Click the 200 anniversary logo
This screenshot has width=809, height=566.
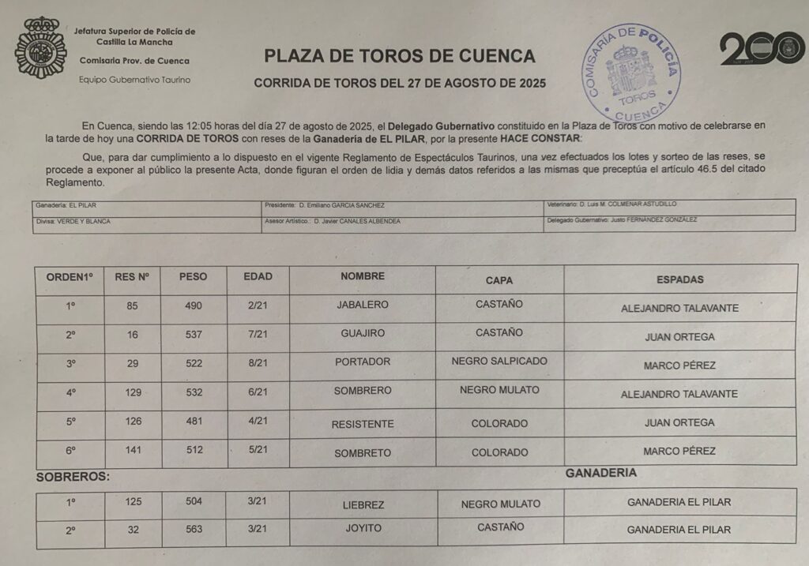(762, 49)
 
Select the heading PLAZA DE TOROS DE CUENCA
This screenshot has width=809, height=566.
(399, 56)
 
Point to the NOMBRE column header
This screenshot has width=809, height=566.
(363, 276)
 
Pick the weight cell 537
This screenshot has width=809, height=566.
(193, 334)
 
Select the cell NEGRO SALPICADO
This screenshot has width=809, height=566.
(499, 361)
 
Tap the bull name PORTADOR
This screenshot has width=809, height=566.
(363, 362)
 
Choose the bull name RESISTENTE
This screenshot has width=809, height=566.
(363, 424)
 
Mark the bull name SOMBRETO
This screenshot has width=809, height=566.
(363, 453)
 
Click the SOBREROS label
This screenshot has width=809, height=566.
(73, 477)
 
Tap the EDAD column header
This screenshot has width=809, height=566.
(258, 276)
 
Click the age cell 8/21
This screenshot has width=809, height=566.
(258, 362)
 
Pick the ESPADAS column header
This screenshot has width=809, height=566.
(679, 279)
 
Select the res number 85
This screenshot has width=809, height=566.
(132, 305)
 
